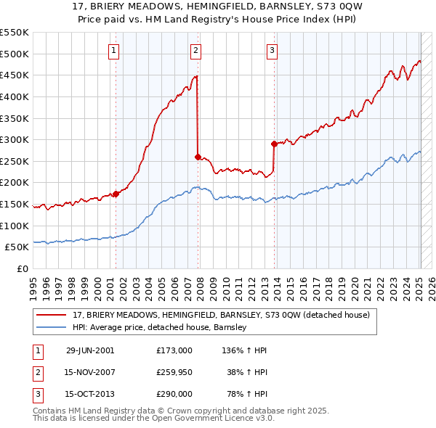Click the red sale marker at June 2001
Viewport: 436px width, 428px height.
tap(116, 194)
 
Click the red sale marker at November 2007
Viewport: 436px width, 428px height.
tap(198, 157)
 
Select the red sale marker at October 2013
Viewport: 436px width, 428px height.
tap(273, 144)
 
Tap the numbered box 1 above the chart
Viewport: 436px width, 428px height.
tap(115, 50)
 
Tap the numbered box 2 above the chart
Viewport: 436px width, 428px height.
tap(196, 50)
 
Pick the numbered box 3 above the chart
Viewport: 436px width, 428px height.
tap(272, 50)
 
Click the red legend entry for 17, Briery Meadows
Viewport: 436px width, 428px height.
tap(222, 316)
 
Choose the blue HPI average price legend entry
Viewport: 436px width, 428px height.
tap(160, 328)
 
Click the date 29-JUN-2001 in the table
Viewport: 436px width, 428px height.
tap(90, 350)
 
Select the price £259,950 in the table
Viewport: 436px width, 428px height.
tap(174, 372)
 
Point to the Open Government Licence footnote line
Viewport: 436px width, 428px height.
tap(153, 419)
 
